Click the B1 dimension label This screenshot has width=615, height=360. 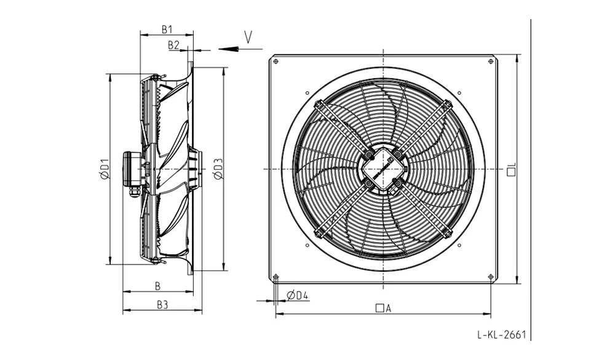pyautogui.click(x=167, y=29)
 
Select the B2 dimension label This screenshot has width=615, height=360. pyautogui.click(x=173, y=45)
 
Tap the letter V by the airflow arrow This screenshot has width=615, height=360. pyautogui.click(x=248, y=37)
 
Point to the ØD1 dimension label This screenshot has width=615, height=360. pyautogui.click(x=104, y=169)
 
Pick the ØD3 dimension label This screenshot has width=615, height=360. pyautogui.click(x=218, y=169)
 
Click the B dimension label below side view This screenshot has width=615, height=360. pyautogui.click(x=157, y=286)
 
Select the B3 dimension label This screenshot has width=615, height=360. pyautogui.click(x=162, y=305)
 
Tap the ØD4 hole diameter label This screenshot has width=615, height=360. pyautogui.click(x=297, y=295)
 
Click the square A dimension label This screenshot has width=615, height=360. pyautogui.click(x=383, y=308)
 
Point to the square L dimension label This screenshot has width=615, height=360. pyautogui.click(x=511, y=169)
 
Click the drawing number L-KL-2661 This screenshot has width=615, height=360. pyautogui.click(x=501, y=335)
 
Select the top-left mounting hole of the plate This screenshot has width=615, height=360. pyautogui.click(x=276, y=62)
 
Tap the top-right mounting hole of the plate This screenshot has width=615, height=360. pyautogui.click(x=491, y=62)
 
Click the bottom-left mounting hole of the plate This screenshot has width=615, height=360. pyautogui.click(x=276, y=276)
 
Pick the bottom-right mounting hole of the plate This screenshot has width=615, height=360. pyautogui.click(x=491, y=276)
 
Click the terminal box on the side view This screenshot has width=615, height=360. pyautogui.click(x=131, y=169)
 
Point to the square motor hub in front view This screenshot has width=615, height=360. pyautogui.click(x=383, y=169)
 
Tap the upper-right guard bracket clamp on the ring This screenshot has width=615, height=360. pyautogui.click(x=447, y=105)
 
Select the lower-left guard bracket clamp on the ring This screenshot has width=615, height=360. pyautogui.click(x=319, y=233)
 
